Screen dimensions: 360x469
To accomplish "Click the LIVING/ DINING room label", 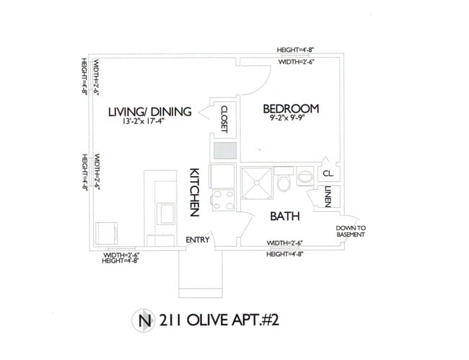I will pyautogui.click(x=149, y=112).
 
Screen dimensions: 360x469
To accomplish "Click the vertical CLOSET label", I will pyautogui.click(x=224, y=119).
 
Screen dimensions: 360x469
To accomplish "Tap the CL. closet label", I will pyautogui.click(x=328, y=174).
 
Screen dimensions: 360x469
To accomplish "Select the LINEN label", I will pyautogui.click(x=328, y=197).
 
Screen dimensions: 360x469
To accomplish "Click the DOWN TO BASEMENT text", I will pyautogui.click(x=351, y=232).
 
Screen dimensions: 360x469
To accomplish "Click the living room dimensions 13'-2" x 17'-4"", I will pyautogui.click(x=150, y=122).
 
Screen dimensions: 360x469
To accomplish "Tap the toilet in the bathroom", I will pyautogui.click(x=284, y=180).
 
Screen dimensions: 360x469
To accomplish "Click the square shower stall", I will pyautogui.click(x=257, y=181).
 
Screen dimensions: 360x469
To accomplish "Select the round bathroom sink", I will pyautogui.click(x=304, y=175).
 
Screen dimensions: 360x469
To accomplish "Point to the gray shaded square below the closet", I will pyautogui.click(x=224, y=150).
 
